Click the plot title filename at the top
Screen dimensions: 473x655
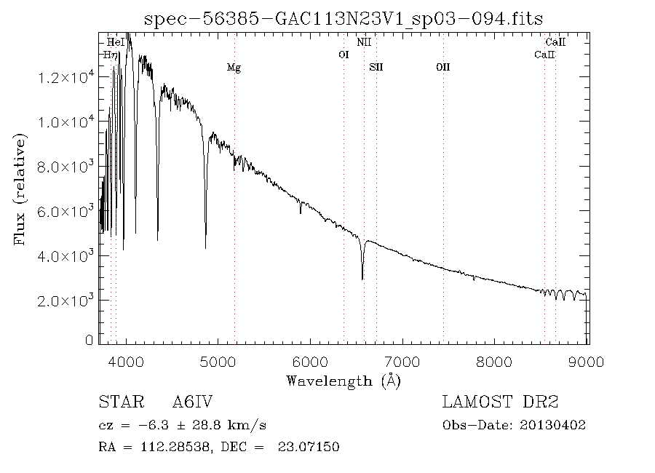point(344,18)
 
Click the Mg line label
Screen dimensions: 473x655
point(234,68)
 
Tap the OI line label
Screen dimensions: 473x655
point(344,55)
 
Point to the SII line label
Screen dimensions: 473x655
point(376,68)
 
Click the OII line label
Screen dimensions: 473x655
point(442,68)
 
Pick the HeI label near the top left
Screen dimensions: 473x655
point(115,43)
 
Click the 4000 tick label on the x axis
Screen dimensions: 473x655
point(127,362)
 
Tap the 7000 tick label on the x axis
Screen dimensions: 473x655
point(404,362)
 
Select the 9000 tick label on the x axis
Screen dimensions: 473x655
point(588,362)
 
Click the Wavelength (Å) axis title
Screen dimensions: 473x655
point(344,381)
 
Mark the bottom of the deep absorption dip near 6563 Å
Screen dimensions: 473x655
point(362,279)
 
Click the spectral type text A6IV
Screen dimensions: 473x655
point(192,402)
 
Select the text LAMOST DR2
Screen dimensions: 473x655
point(500,402)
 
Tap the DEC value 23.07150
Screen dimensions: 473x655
point(309,447)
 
